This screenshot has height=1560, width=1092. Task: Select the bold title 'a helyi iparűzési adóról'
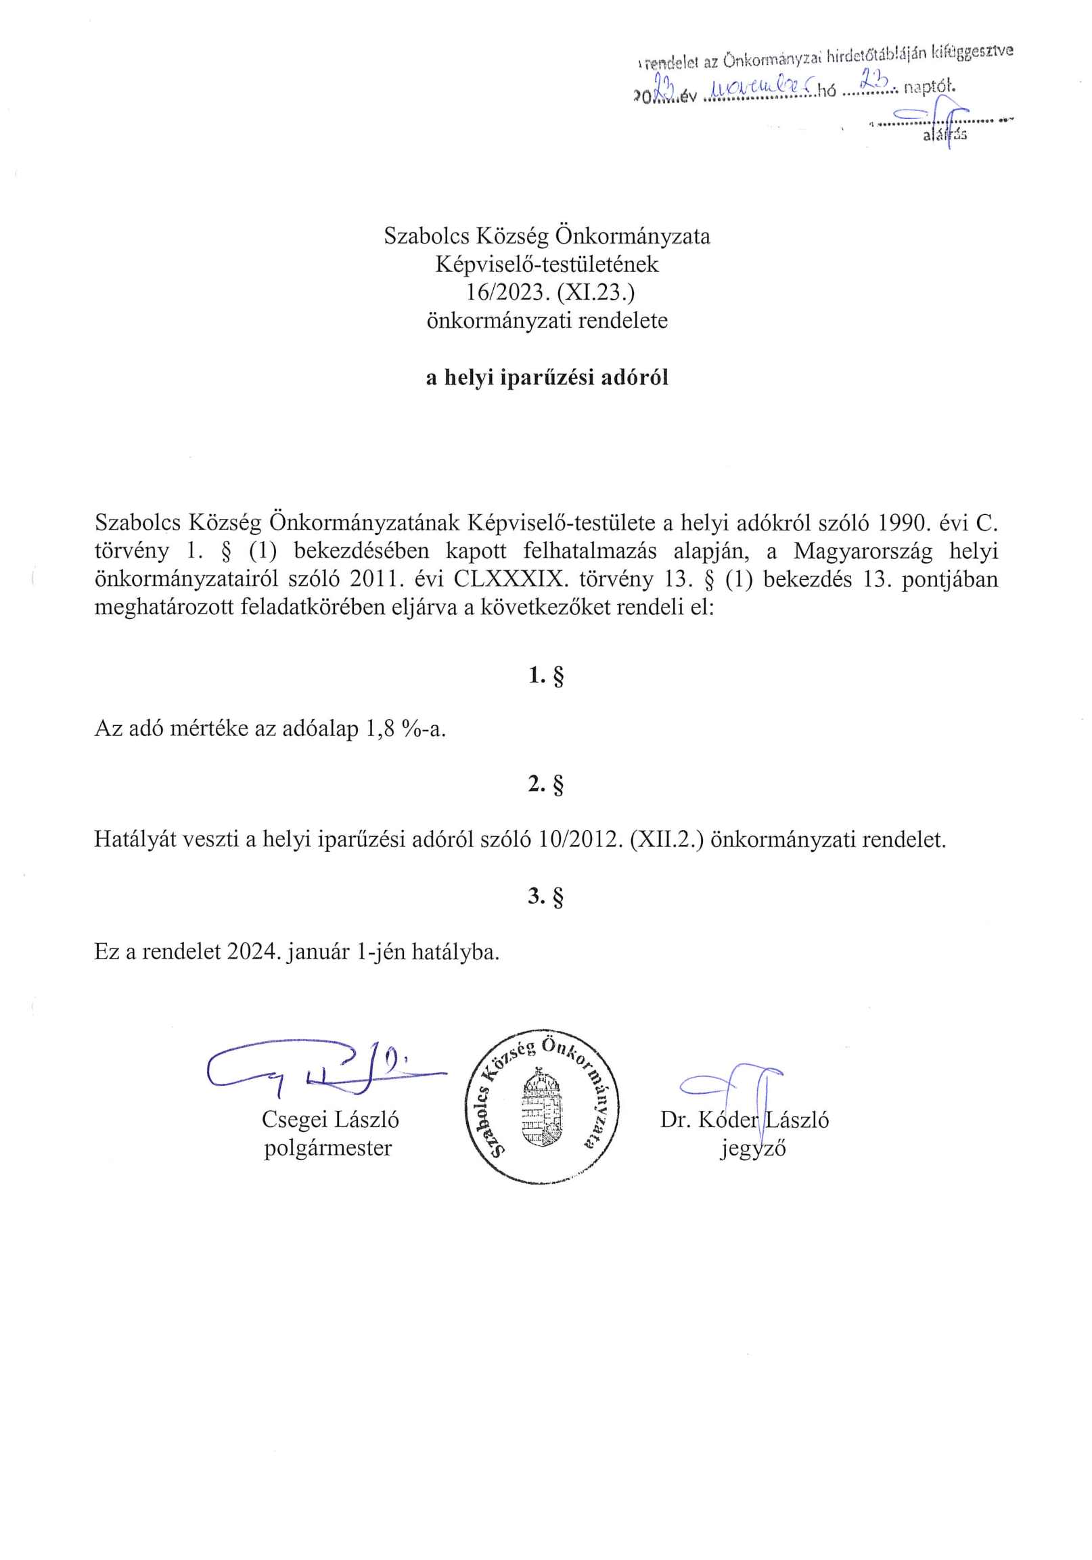click(547, 377)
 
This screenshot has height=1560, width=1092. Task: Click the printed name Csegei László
click(330, 1119)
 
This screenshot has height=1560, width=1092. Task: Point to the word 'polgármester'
click(328, 1148)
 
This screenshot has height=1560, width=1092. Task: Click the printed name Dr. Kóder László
click(744, 1120)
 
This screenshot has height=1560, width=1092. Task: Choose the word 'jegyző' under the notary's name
click(753, 1149)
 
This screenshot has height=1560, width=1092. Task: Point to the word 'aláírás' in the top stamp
click(945, 135)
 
